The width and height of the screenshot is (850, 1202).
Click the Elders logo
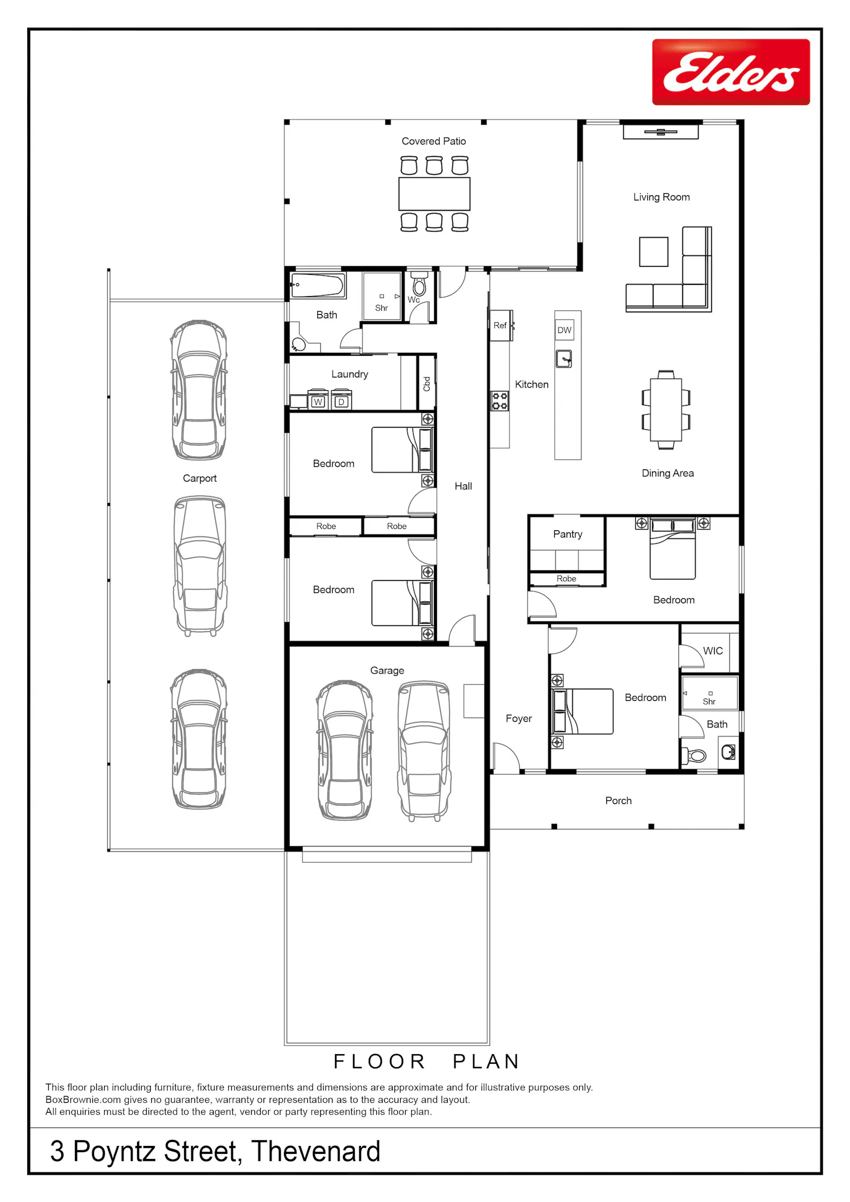click(731, 72)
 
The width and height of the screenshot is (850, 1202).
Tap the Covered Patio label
click(433, 141)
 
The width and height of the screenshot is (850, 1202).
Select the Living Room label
click(661, 197)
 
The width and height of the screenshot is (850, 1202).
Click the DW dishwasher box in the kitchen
click(564, 330)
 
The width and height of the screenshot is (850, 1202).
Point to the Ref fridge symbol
click(501, 325)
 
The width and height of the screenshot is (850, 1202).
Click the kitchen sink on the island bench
click(564, 359)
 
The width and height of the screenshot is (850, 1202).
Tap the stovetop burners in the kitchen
click(500, 401)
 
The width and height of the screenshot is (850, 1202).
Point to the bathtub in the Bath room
click(317, 285)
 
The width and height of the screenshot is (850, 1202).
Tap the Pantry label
click(568, 534)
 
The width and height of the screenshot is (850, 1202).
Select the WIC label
click(713, 651)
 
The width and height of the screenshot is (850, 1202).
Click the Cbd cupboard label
click(427, 384)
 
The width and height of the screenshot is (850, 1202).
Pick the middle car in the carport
click(200, 566)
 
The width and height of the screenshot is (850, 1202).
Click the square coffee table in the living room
click(654, 252)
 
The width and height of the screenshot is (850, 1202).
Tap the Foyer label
click(518, 718)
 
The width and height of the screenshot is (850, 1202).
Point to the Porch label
click(618, 800)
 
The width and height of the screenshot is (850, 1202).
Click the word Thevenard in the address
click(316, 1151)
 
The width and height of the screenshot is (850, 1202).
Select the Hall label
click(463, 486)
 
